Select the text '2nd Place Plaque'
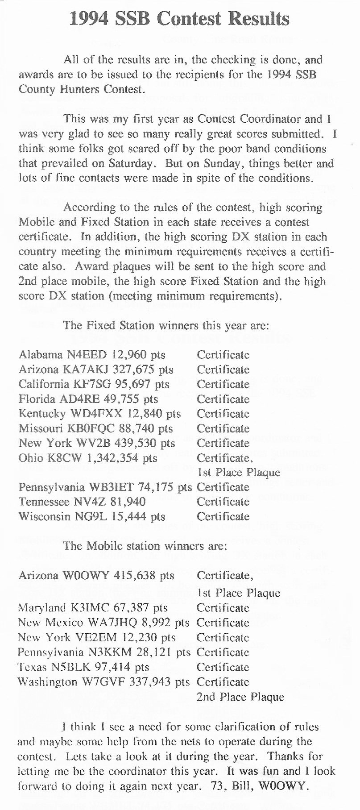point(240,697)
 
